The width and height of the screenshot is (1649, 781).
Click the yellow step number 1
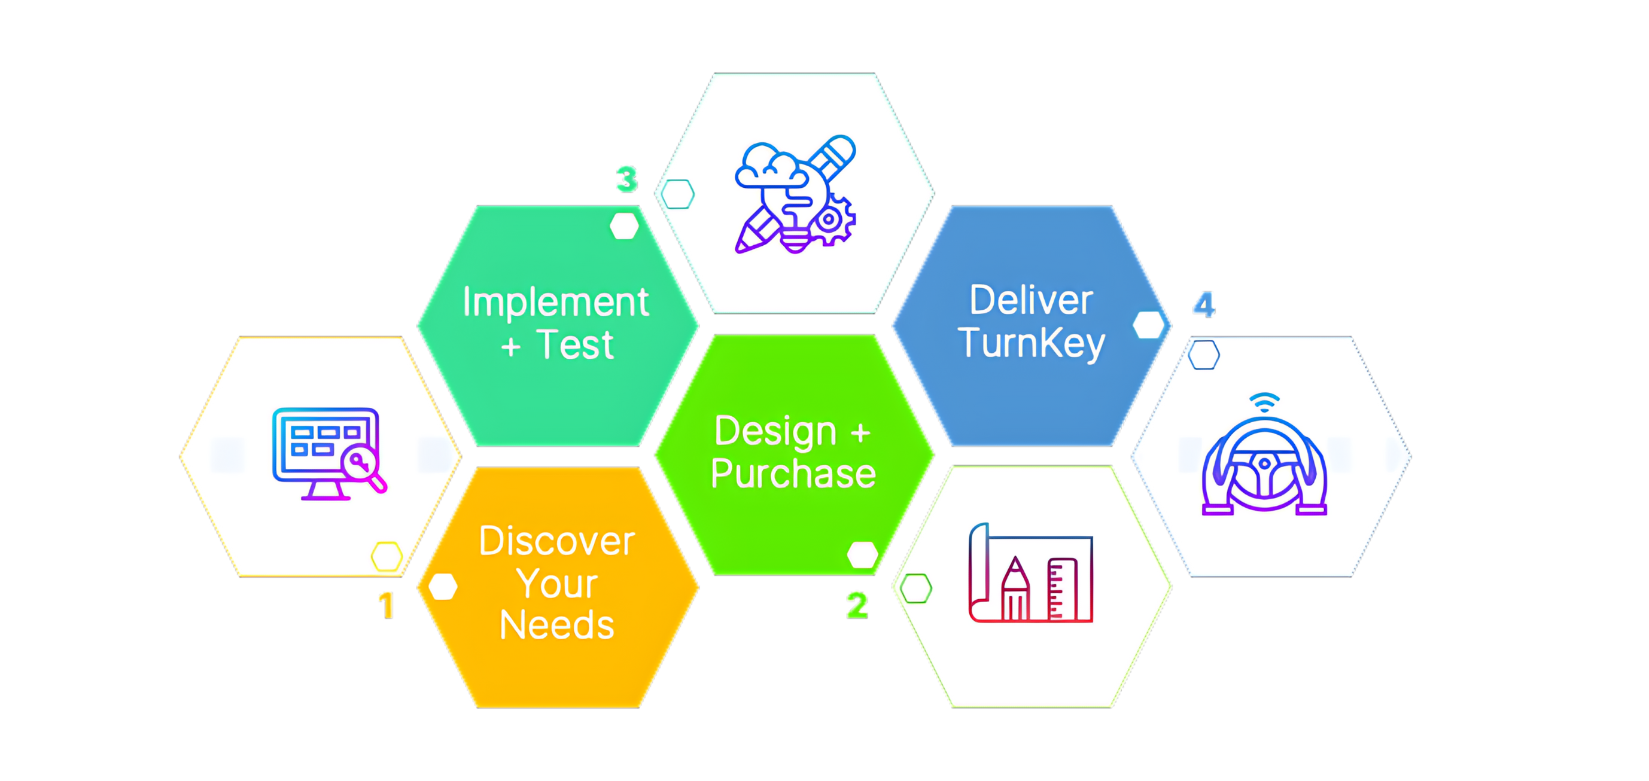pos(385,605)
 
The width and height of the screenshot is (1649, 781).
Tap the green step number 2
pos(856,605)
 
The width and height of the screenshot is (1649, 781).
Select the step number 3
pos(626,180)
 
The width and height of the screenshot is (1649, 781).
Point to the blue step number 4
pos(1203,305)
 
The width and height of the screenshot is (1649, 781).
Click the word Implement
pos(556,303)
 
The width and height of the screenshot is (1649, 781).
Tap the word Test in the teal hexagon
pos(575,346)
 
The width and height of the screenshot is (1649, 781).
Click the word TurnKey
pos(1032,343)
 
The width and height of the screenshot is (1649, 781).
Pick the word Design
pos(776,432)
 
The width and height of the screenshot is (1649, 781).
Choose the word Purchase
pos(793,474)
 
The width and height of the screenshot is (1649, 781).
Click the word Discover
pos(556,542)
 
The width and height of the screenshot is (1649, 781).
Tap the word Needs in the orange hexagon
pos(556,625)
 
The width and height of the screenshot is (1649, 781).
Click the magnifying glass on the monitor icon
pos(364,469)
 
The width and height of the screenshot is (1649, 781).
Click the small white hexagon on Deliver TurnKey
pos(1148,325)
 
